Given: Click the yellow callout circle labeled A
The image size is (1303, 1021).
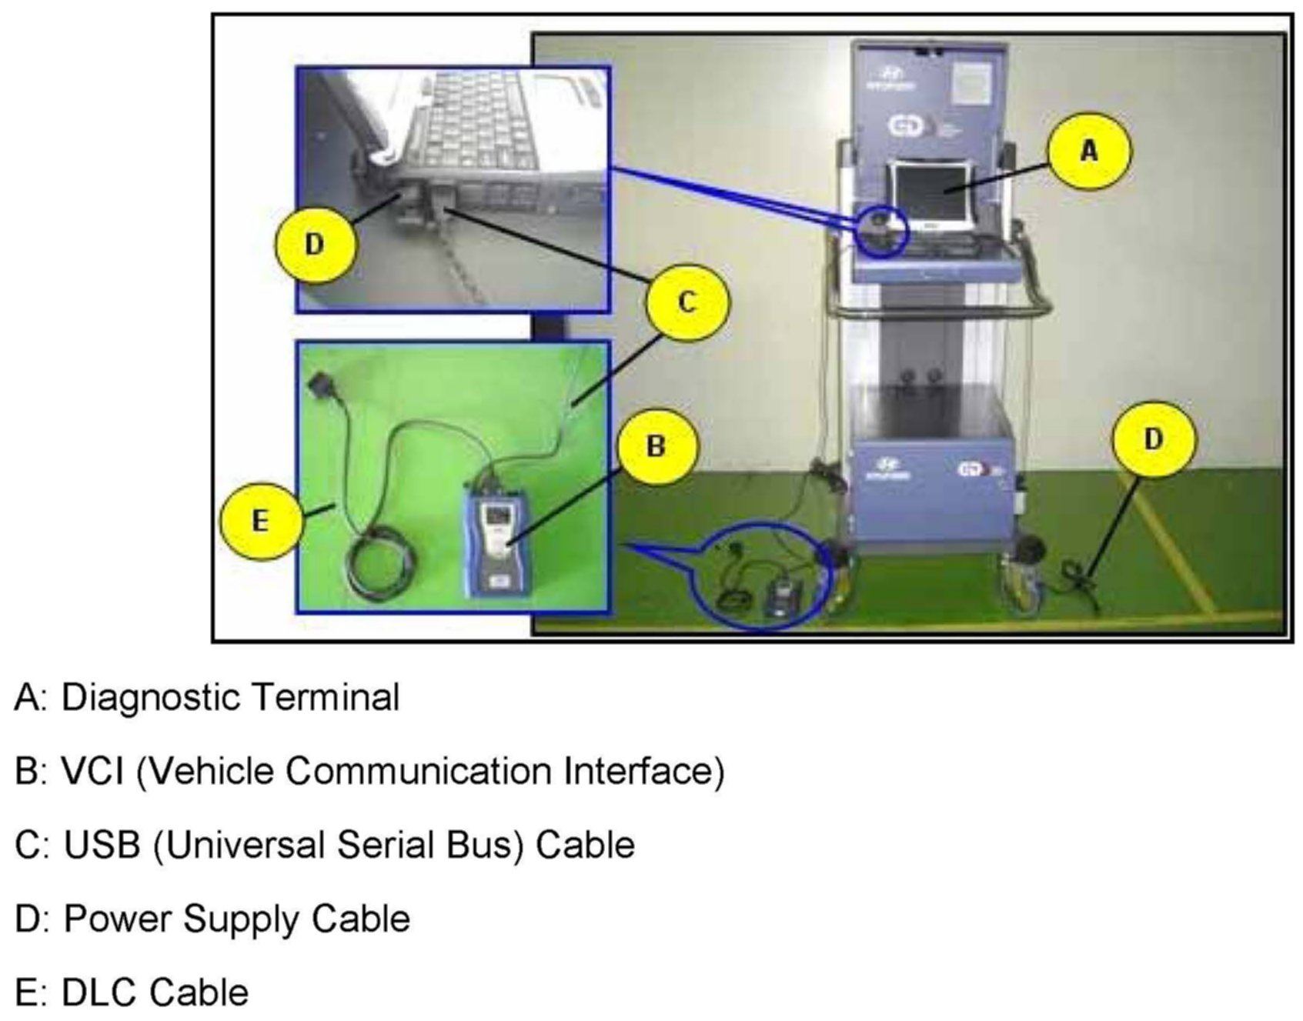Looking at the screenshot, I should pos(1088,152).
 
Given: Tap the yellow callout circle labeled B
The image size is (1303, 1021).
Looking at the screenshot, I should pos(656,445).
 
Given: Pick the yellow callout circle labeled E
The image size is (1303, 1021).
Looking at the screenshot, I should pos(260,521).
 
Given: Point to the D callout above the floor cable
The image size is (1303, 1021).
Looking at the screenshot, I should pos(1152,439).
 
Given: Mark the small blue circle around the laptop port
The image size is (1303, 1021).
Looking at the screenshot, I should pos(882,229).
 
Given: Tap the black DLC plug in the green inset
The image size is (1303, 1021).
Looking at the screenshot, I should pos(319,385).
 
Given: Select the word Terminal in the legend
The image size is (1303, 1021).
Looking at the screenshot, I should pos(326,698).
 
